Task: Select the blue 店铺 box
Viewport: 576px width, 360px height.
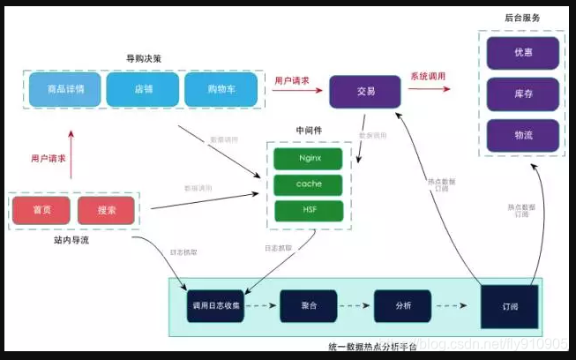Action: [x=142, y=89]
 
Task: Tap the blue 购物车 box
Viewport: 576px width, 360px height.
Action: [x=221, y=89]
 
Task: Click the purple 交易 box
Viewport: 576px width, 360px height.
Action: [x=365, y=91]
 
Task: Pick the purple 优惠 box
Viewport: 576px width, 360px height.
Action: [x=523, y=53]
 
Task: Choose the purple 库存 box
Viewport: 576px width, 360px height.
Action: [x=523, y=94]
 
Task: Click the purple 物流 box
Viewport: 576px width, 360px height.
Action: [x=523, y=135]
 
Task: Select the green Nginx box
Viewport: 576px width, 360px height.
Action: [x=309, y=159]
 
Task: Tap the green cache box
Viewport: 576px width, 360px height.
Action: [x=309, y=184]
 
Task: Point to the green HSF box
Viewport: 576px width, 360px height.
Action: [x=309, y=211]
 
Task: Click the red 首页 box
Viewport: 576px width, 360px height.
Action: [x=41, y=210]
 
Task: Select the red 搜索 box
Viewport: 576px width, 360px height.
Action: [x=107, y=210]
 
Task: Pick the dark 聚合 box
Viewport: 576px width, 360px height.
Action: [x=309, y=305]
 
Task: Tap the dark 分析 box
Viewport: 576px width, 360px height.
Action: [x=402, y=305]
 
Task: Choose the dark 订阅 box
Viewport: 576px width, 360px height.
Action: [x=509, y=305]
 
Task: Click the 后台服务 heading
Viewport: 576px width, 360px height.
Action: [x=522, y=18]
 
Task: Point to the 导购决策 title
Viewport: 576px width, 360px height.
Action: [x=143, y=59]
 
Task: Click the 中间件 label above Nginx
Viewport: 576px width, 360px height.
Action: [x=309, y=131]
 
